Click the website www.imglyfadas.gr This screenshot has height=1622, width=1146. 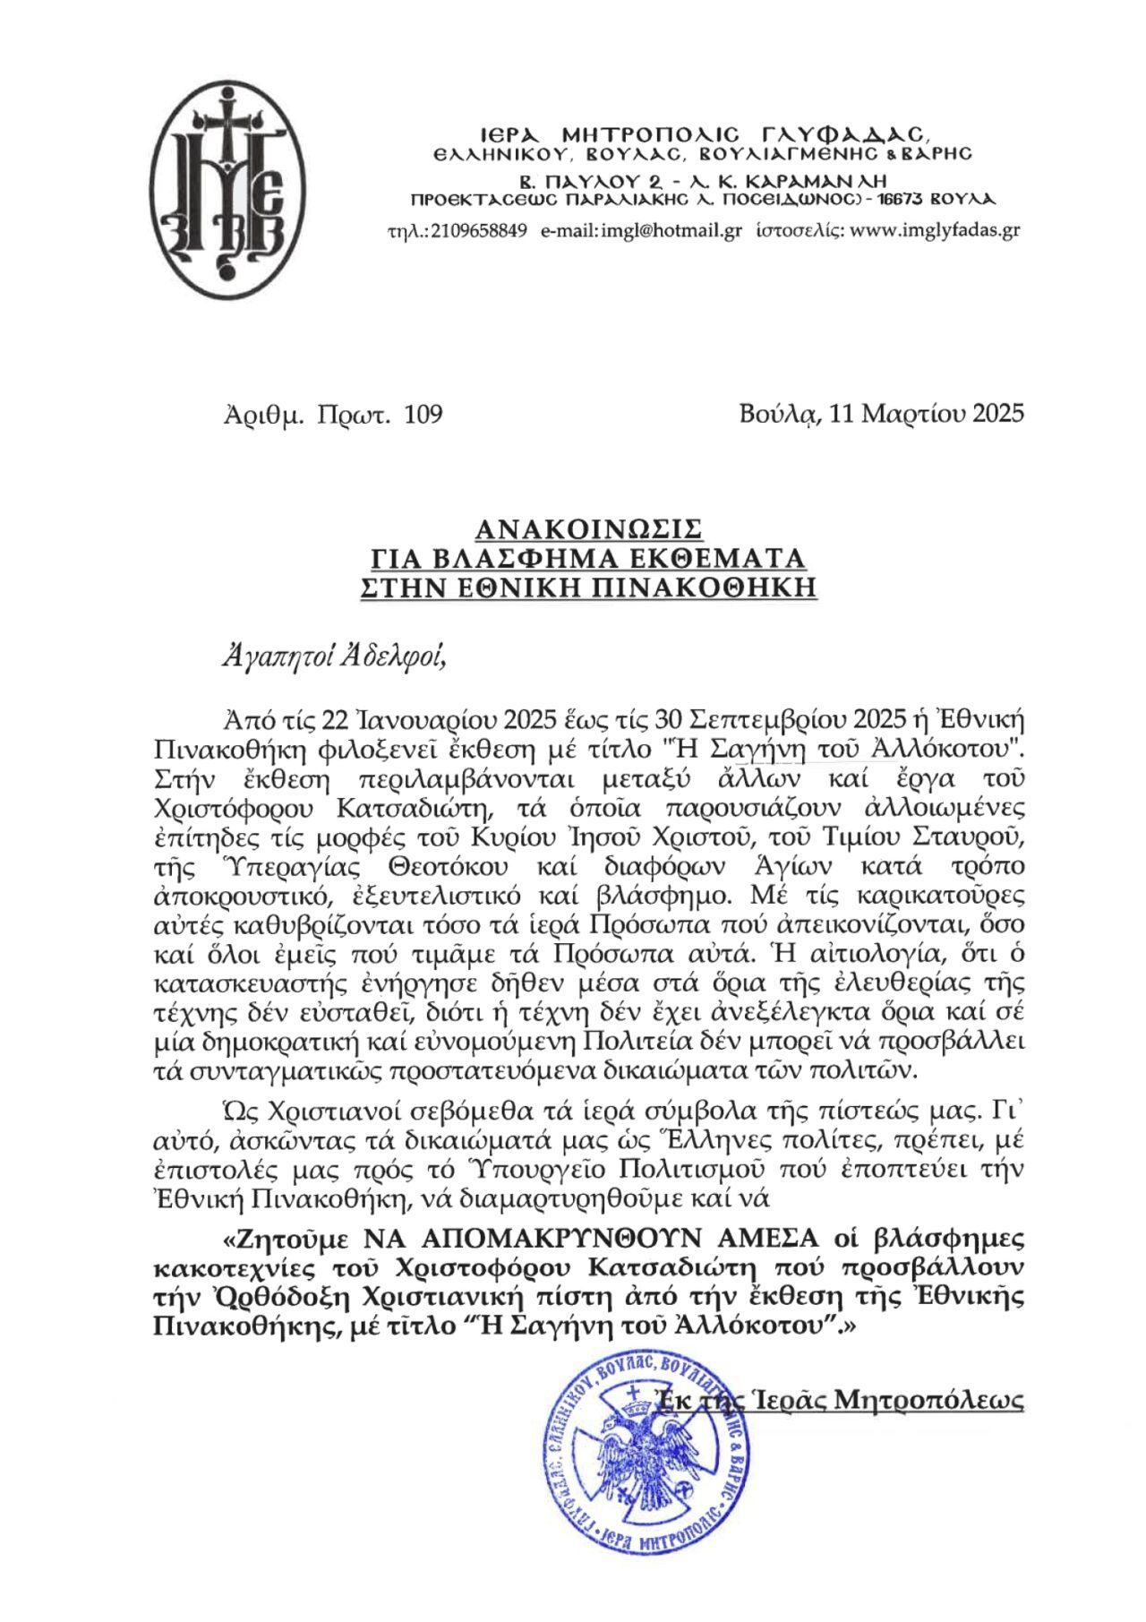coord(934,230)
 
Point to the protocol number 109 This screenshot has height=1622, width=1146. coord(424,415)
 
